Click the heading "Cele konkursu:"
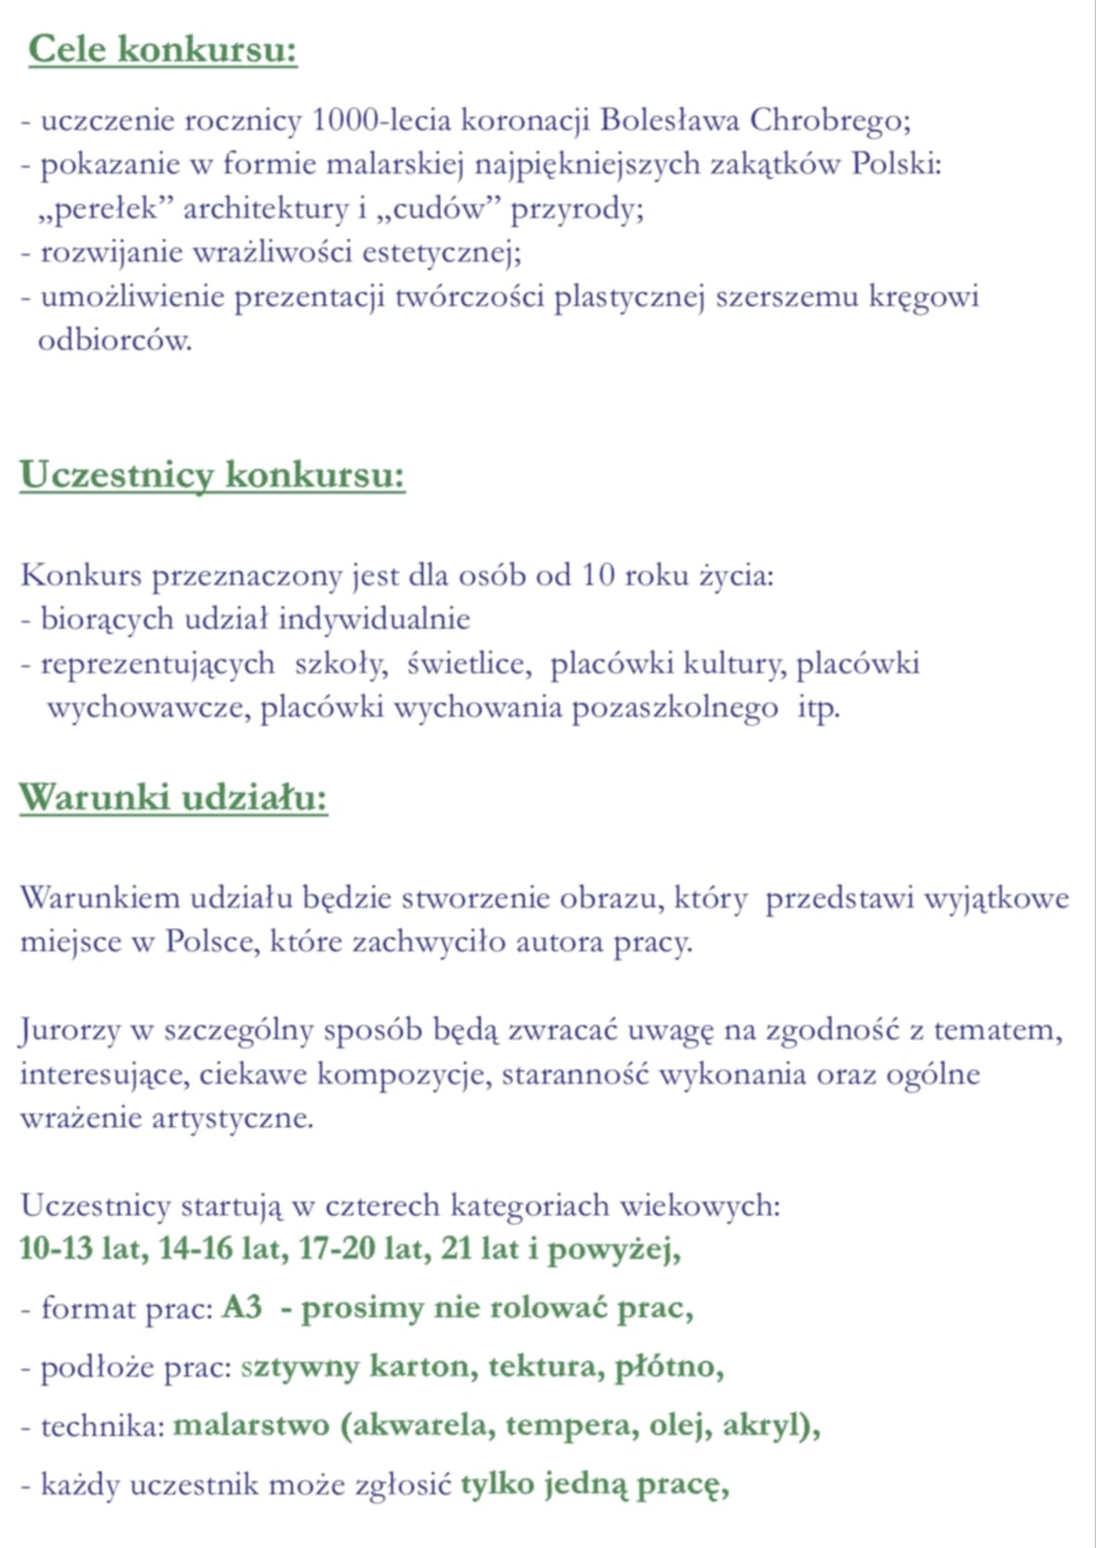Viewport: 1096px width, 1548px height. point(162,49)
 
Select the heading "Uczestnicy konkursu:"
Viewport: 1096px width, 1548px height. point(212,475)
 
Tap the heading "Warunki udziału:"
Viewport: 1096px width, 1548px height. point(173,797)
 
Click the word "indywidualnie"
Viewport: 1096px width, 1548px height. point(374,618)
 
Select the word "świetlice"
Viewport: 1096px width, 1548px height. point(468,664)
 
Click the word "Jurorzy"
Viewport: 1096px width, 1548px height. point(71,1030)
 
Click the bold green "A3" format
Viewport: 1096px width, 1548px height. point(242,1308)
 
